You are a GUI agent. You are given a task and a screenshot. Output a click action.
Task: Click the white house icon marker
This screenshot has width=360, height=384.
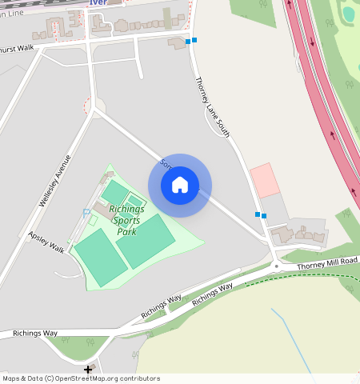[180, 185]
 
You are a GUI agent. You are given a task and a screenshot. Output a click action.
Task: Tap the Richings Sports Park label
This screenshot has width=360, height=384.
[126, 220]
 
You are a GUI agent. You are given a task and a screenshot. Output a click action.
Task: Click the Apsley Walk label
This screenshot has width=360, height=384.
[46, 242]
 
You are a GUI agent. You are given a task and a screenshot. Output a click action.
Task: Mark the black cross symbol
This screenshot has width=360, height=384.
[88, 370]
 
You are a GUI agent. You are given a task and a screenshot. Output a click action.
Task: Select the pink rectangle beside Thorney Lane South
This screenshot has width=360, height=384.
[265, 180]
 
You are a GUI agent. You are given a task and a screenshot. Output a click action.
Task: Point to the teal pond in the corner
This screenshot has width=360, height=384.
[349, 13]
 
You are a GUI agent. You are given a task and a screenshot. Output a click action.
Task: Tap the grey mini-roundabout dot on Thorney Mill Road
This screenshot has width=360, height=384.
[275, 266]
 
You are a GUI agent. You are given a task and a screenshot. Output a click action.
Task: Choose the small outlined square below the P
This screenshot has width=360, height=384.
[92, 220]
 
